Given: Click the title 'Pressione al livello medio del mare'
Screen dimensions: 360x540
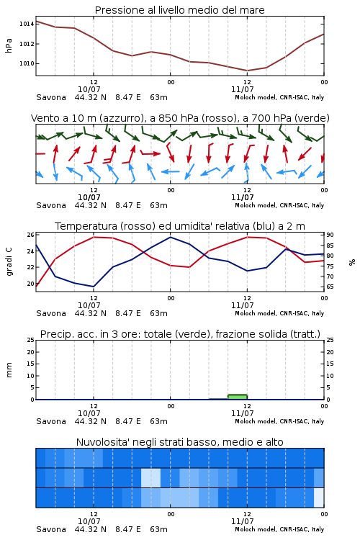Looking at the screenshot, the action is pos(179,10).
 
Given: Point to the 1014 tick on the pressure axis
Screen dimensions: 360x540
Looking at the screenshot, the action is pos(27,24).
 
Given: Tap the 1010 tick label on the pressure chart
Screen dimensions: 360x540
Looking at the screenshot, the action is pos(27,63).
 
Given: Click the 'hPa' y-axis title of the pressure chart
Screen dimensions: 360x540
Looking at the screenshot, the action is pos(9,45).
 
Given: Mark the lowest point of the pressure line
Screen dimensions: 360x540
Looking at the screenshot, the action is pos(247,71).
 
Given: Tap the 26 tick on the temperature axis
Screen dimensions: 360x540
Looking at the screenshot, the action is pos(31,235).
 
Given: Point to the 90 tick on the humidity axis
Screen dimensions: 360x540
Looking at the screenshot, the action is pos(330,235).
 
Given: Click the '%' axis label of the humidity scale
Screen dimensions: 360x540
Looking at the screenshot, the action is pos(352,262).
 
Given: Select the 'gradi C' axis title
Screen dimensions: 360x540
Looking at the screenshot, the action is pos(9,261).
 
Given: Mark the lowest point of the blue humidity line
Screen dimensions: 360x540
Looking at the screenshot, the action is pos(94,287).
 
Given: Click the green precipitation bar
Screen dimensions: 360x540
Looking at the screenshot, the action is pos(238,397).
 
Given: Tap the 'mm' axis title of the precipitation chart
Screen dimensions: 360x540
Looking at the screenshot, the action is pos(9,370).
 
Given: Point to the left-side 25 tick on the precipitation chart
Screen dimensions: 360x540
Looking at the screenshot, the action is pos(31,340).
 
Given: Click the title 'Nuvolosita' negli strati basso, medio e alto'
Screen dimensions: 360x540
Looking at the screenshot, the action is pos(179,442).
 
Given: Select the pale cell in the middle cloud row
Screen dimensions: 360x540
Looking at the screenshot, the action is pos(151,477).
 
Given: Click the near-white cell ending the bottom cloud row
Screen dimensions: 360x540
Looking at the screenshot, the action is pos(319,498).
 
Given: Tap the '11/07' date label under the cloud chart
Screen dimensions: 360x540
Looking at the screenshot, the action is pos(242,521).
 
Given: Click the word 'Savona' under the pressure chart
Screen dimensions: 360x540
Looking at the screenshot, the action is pos(51,97).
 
